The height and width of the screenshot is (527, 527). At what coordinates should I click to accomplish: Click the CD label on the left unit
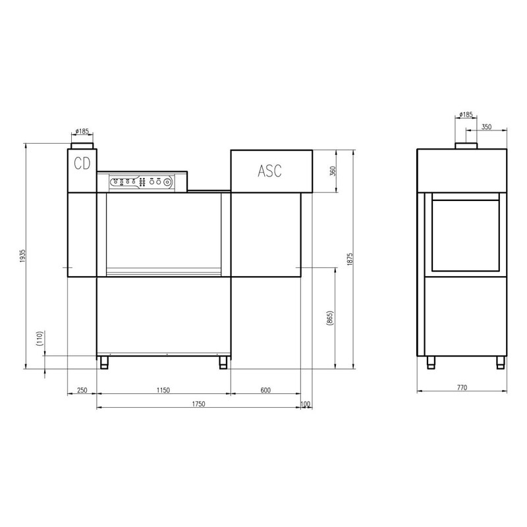[82, 163]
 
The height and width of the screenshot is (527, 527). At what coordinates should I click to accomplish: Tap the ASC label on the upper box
[269, 171]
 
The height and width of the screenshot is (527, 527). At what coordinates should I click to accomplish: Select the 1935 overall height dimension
[23, 256]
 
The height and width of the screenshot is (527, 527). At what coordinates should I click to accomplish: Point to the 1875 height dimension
[350, 260]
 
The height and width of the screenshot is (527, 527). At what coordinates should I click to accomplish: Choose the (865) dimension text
[330, 318]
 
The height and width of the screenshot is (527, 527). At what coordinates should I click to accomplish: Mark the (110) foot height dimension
[40, 339]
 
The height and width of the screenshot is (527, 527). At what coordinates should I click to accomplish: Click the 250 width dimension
[82, 390]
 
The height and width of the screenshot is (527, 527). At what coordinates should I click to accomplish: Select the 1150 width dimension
[163, 390]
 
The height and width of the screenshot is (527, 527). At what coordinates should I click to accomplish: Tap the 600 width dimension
[265, 390]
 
